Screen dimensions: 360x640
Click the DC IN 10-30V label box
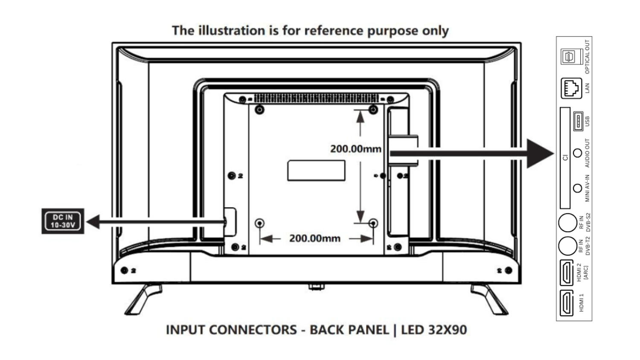click(63, 221)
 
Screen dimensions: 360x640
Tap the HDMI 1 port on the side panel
click(567, 303)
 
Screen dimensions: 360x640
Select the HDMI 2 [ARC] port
click(567, 273)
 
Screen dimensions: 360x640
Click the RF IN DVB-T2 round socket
click(568, 246)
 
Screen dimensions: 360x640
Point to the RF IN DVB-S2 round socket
click(568, 223)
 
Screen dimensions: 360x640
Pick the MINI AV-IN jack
click(577, 188)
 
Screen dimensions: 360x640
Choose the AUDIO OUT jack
click(577, 153)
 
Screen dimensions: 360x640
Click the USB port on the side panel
click(578, 121)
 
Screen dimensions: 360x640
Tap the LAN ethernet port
click(571, 88)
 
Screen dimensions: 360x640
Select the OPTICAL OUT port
click(569, 57)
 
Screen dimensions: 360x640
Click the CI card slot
click(565, 157)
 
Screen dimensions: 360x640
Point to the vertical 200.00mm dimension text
click(355, 149)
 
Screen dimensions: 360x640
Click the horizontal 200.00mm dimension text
click(314, 238)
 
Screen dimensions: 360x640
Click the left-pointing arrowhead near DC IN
click(93, 222)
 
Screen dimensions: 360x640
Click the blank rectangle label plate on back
click(316, 171)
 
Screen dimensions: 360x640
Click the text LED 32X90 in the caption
click(433, 330)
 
